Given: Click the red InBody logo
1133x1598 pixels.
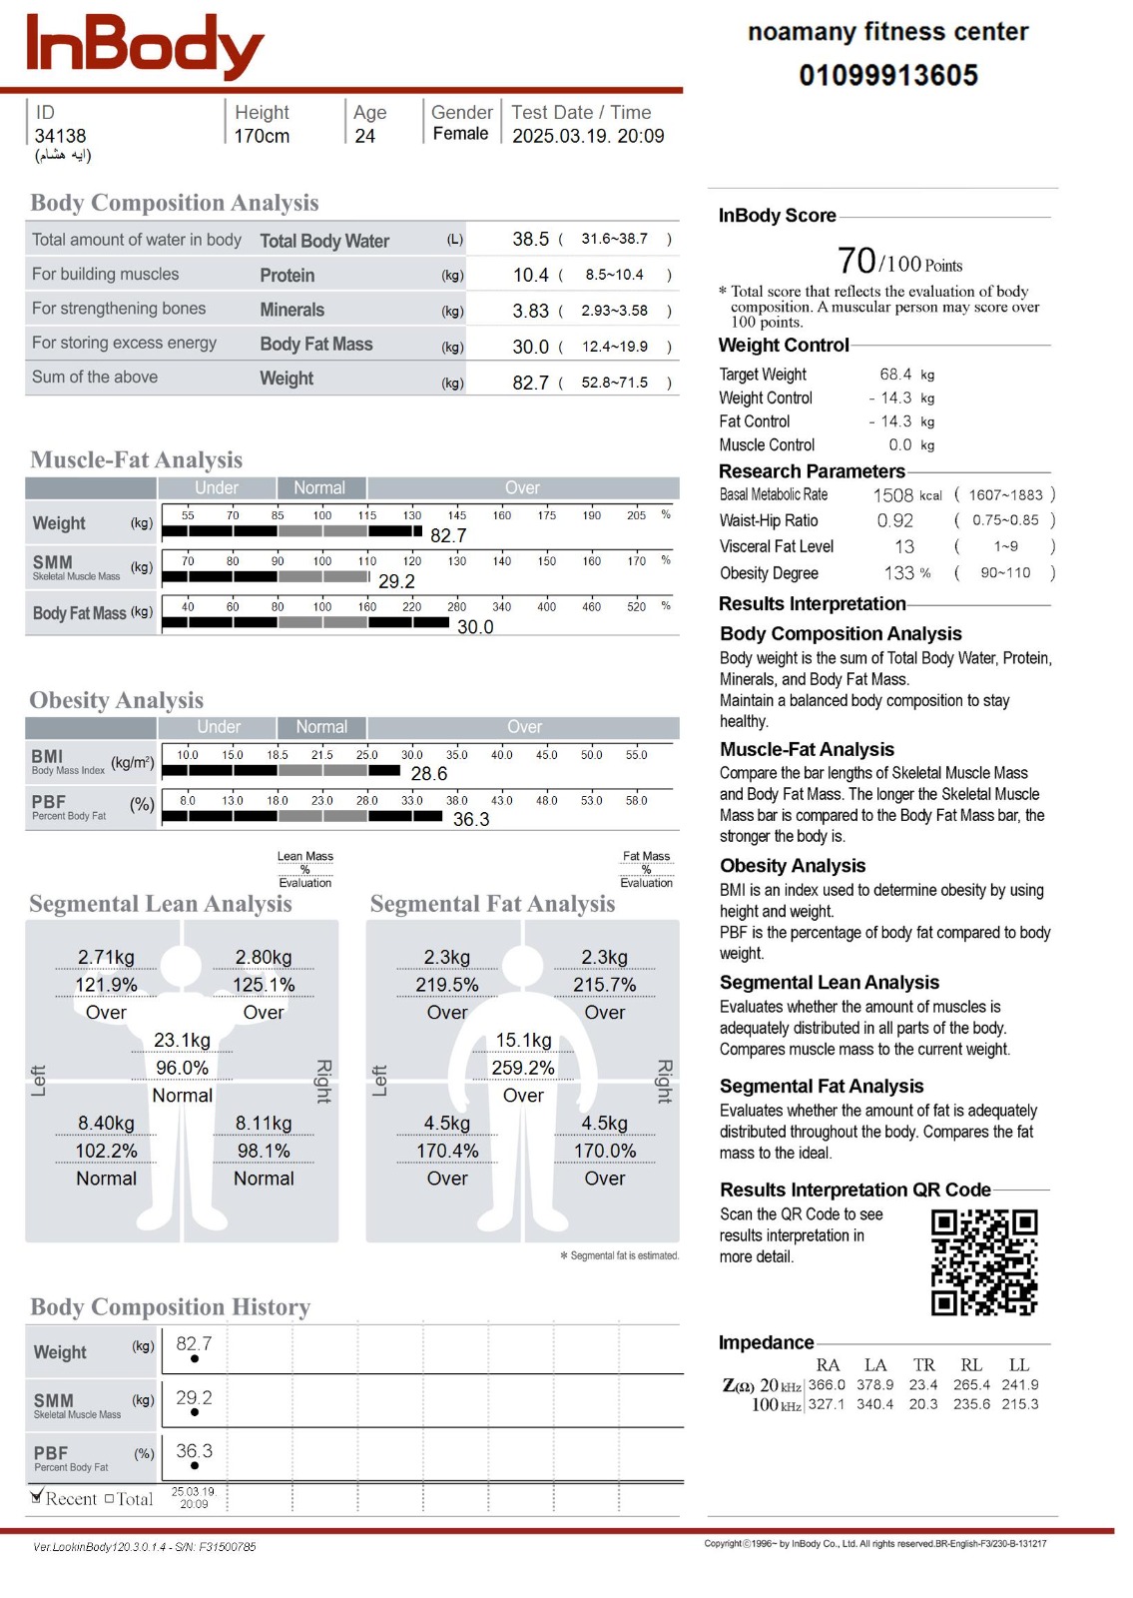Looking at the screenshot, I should [x=145, y=46].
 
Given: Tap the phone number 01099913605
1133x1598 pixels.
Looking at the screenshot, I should [x=887, y=75].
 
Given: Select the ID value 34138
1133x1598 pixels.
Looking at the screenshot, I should [x=60, y=136].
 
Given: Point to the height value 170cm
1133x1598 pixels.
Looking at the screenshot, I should [x=262, y=136].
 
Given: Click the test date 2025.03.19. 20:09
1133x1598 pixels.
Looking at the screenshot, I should [x=588, y=136].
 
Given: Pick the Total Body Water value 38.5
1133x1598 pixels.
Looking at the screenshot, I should [x=530, y=240].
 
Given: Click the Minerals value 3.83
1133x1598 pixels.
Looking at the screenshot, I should [x=530, y=312].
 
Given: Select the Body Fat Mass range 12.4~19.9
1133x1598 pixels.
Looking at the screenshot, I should [x=614, y=347].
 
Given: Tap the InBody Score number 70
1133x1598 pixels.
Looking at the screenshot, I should [x=856, y=261].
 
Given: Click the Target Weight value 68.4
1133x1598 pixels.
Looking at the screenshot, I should [x=895, y=375].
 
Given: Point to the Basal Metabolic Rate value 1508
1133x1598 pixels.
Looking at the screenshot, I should [x=892, y=495].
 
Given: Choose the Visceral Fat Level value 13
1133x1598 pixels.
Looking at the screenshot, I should [x=904, y=547].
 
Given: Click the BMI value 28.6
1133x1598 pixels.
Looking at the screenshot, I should [x=429, y=774].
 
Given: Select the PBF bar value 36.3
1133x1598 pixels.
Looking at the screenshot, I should [x=471, y=820].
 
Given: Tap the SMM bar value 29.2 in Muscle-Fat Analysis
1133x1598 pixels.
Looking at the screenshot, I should [x=396, y=581].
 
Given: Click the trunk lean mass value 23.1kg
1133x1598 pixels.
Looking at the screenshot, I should [x=182, y=1041].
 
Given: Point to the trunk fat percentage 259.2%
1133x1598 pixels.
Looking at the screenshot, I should [x=523, y=1069].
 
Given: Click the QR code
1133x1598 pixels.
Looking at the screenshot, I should [x=984, y=1262].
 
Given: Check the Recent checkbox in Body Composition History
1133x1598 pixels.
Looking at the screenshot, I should [x=37, y=1497].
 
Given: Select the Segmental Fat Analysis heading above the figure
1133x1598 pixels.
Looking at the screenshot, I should [x=492, y=904].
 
